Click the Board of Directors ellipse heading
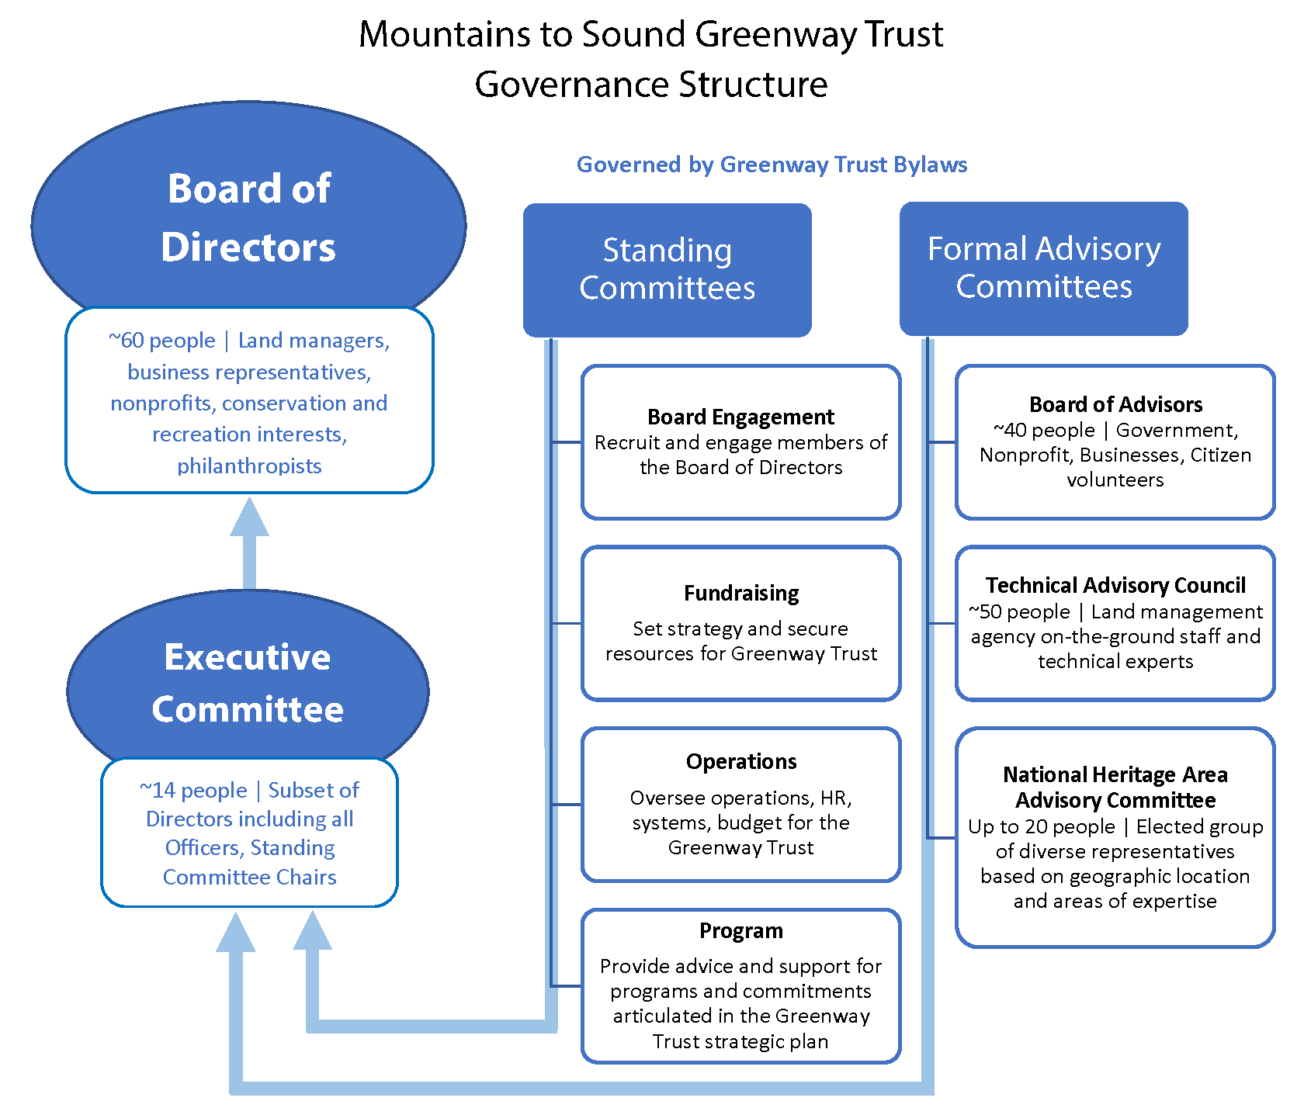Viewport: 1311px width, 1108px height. click(x=248, y=218)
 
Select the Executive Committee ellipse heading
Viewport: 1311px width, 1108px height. click(x=248, y=683)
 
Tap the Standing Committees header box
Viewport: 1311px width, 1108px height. click(x=667, y=269)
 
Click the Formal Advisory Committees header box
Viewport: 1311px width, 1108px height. click(x=1043, y=268)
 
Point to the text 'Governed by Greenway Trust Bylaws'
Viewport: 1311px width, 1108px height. click(x=772, y=164)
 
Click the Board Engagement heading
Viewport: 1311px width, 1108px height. click(x=740, y=417)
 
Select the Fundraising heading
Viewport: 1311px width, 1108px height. click(x=740, y=593)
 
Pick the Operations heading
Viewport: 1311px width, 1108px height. click(x=740, y=761)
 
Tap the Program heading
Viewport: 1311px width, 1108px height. click(x=740, y=930)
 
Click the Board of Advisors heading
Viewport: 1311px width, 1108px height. click(x=1115, y=404)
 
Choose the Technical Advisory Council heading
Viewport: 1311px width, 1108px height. click(x=1115, y=585)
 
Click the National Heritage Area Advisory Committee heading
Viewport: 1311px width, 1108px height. click(x=1115, y=787)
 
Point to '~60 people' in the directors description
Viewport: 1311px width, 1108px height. click(x=162, y=341)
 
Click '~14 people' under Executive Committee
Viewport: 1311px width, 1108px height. click(x=193, y=791)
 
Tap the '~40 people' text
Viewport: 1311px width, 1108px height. click(x=1044, y=430)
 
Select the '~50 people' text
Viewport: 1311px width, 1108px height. click(x=1019, y=611)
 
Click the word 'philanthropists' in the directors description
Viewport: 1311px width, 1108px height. click(x=249, y=466)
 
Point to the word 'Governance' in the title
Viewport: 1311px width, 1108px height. click(x=571, y=84)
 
